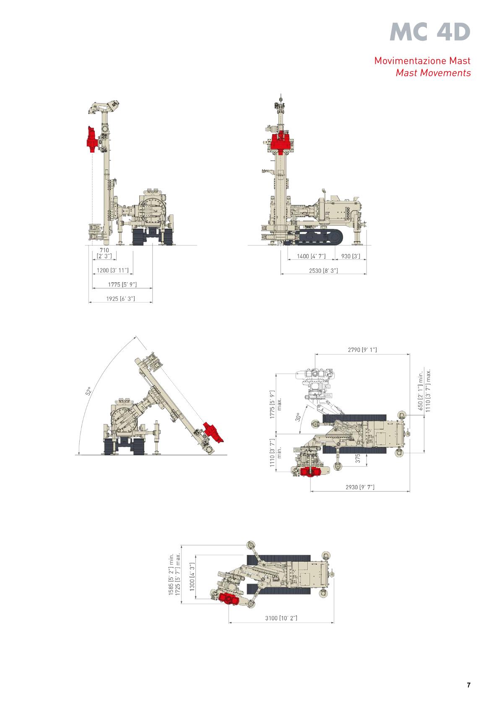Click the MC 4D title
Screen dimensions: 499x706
coord(430,32)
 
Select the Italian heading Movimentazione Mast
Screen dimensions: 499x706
coord(422,60)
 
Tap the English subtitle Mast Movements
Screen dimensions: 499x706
coord(433,73)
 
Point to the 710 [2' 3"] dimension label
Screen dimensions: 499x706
coord(104,253)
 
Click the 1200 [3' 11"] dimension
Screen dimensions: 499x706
coord(112,271)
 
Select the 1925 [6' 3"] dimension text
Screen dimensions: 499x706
coord(120,299)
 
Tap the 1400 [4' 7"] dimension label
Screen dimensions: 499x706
coord(311,256)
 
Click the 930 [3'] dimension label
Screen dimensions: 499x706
coord(350,256)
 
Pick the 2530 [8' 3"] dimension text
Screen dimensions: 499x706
coord(323,271)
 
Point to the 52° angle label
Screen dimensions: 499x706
coord(88,391)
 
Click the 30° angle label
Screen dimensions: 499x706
coord(298,417)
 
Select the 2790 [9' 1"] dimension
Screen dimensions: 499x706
coord(362,350)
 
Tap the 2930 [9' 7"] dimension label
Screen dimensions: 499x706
coord(360,487)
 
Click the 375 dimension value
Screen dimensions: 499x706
coord(358,458)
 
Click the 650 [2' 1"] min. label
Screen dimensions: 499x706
coord(420,392)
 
